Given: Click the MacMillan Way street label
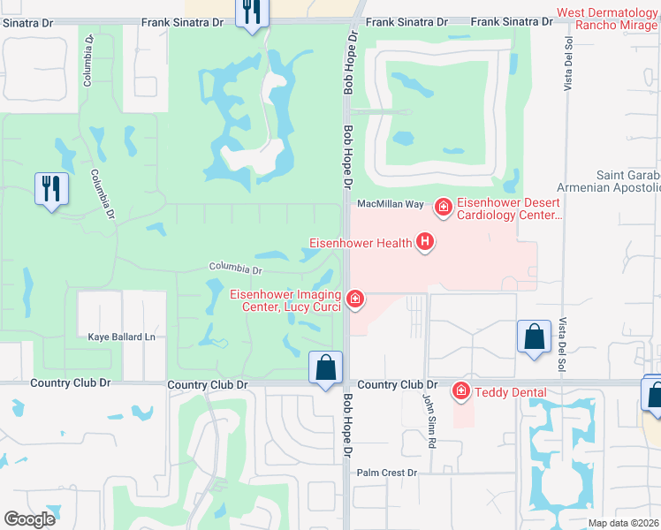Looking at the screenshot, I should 390,204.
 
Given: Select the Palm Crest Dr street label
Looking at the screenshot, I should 386,473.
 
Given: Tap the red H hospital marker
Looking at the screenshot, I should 425,241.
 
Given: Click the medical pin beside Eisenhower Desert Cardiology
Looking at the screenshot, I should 443,208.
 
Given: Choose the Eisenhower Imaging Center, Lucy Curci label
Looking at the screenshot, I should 285,300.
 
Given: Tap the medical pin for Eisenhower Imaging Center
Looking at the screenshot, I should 355,299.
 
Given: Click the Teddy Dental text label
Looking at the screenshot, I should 510,392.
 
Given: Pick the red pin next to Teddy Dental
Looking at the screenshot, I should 460,390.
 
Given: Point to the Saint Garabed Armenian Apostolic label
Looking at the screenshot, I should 610,181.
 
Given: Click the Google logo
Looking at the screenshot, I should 29,519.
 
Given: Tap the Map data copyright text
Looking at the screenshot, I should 623,523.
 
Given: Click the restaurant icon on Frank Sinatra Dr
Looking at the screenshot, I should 252,12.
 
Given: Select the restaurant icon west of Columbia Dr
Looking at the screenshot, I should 51,188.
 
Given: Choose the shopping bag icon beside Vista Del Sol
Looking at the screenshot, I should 534,337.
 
